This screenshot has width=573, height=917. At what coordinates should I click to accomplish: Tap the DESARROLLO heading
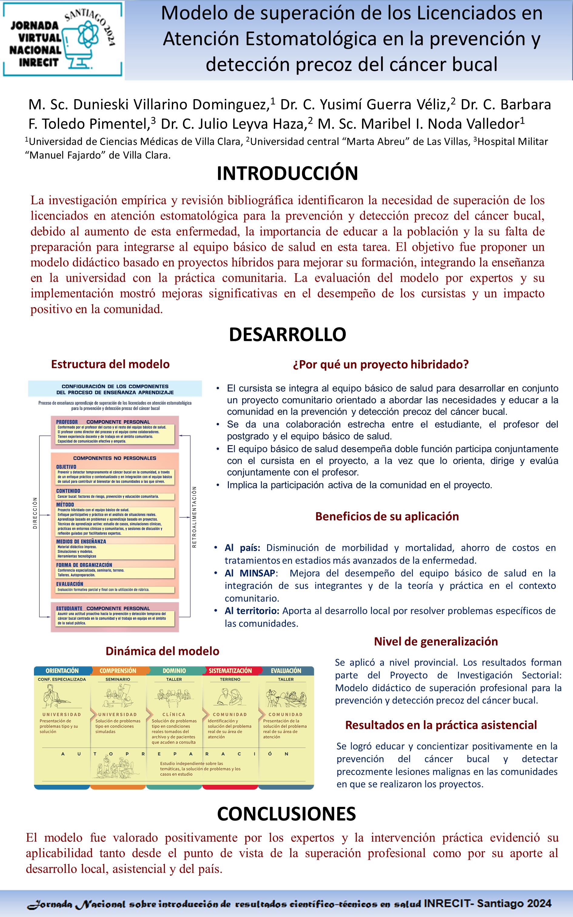click(x=287, y=334)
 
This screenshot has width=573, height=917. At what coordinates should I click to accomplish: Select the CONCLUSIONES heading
click(x=286, y=814)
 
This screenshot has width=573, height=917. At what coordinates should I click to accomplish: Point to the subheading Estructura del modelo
click(x=110, y=364)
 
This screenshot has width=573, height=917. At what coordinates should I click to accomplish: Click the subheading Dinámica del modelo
click(x=162, y=651)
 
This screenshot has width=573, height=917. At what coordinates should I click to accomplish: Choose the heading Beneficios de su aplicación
click(x=387, y=516)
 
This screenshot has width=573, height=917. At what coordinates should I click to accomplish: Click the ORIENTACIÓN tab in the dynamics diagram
click(x=62, y=671)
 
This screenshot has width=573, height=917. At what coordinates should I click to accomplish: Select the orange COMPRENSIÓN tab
click(x=118, y=671)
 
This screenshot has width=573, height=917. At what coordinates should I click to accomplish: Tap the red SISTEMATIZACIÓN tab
click(x=230, y=671)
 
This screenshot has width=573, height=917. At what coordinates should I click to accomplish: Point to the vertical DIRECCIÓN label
click(x=35, y=513)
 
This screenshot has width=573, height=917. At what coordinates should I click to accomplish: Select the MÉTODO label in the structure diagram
click(x=65, y=505)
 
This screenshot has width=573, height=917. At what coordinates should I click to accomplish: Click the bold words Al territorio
click(x=252, y=611)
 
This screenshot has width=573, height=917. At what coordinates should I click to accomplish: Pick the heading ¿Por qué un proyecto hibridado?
click(x=380, y=364)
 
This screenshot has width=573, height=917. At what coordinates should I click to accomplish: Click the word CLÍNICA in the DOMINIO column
click(x=174, y=714)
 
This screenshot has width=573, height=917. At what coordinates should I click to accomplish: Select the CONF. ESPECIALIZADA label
click(x=62, y=680)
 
